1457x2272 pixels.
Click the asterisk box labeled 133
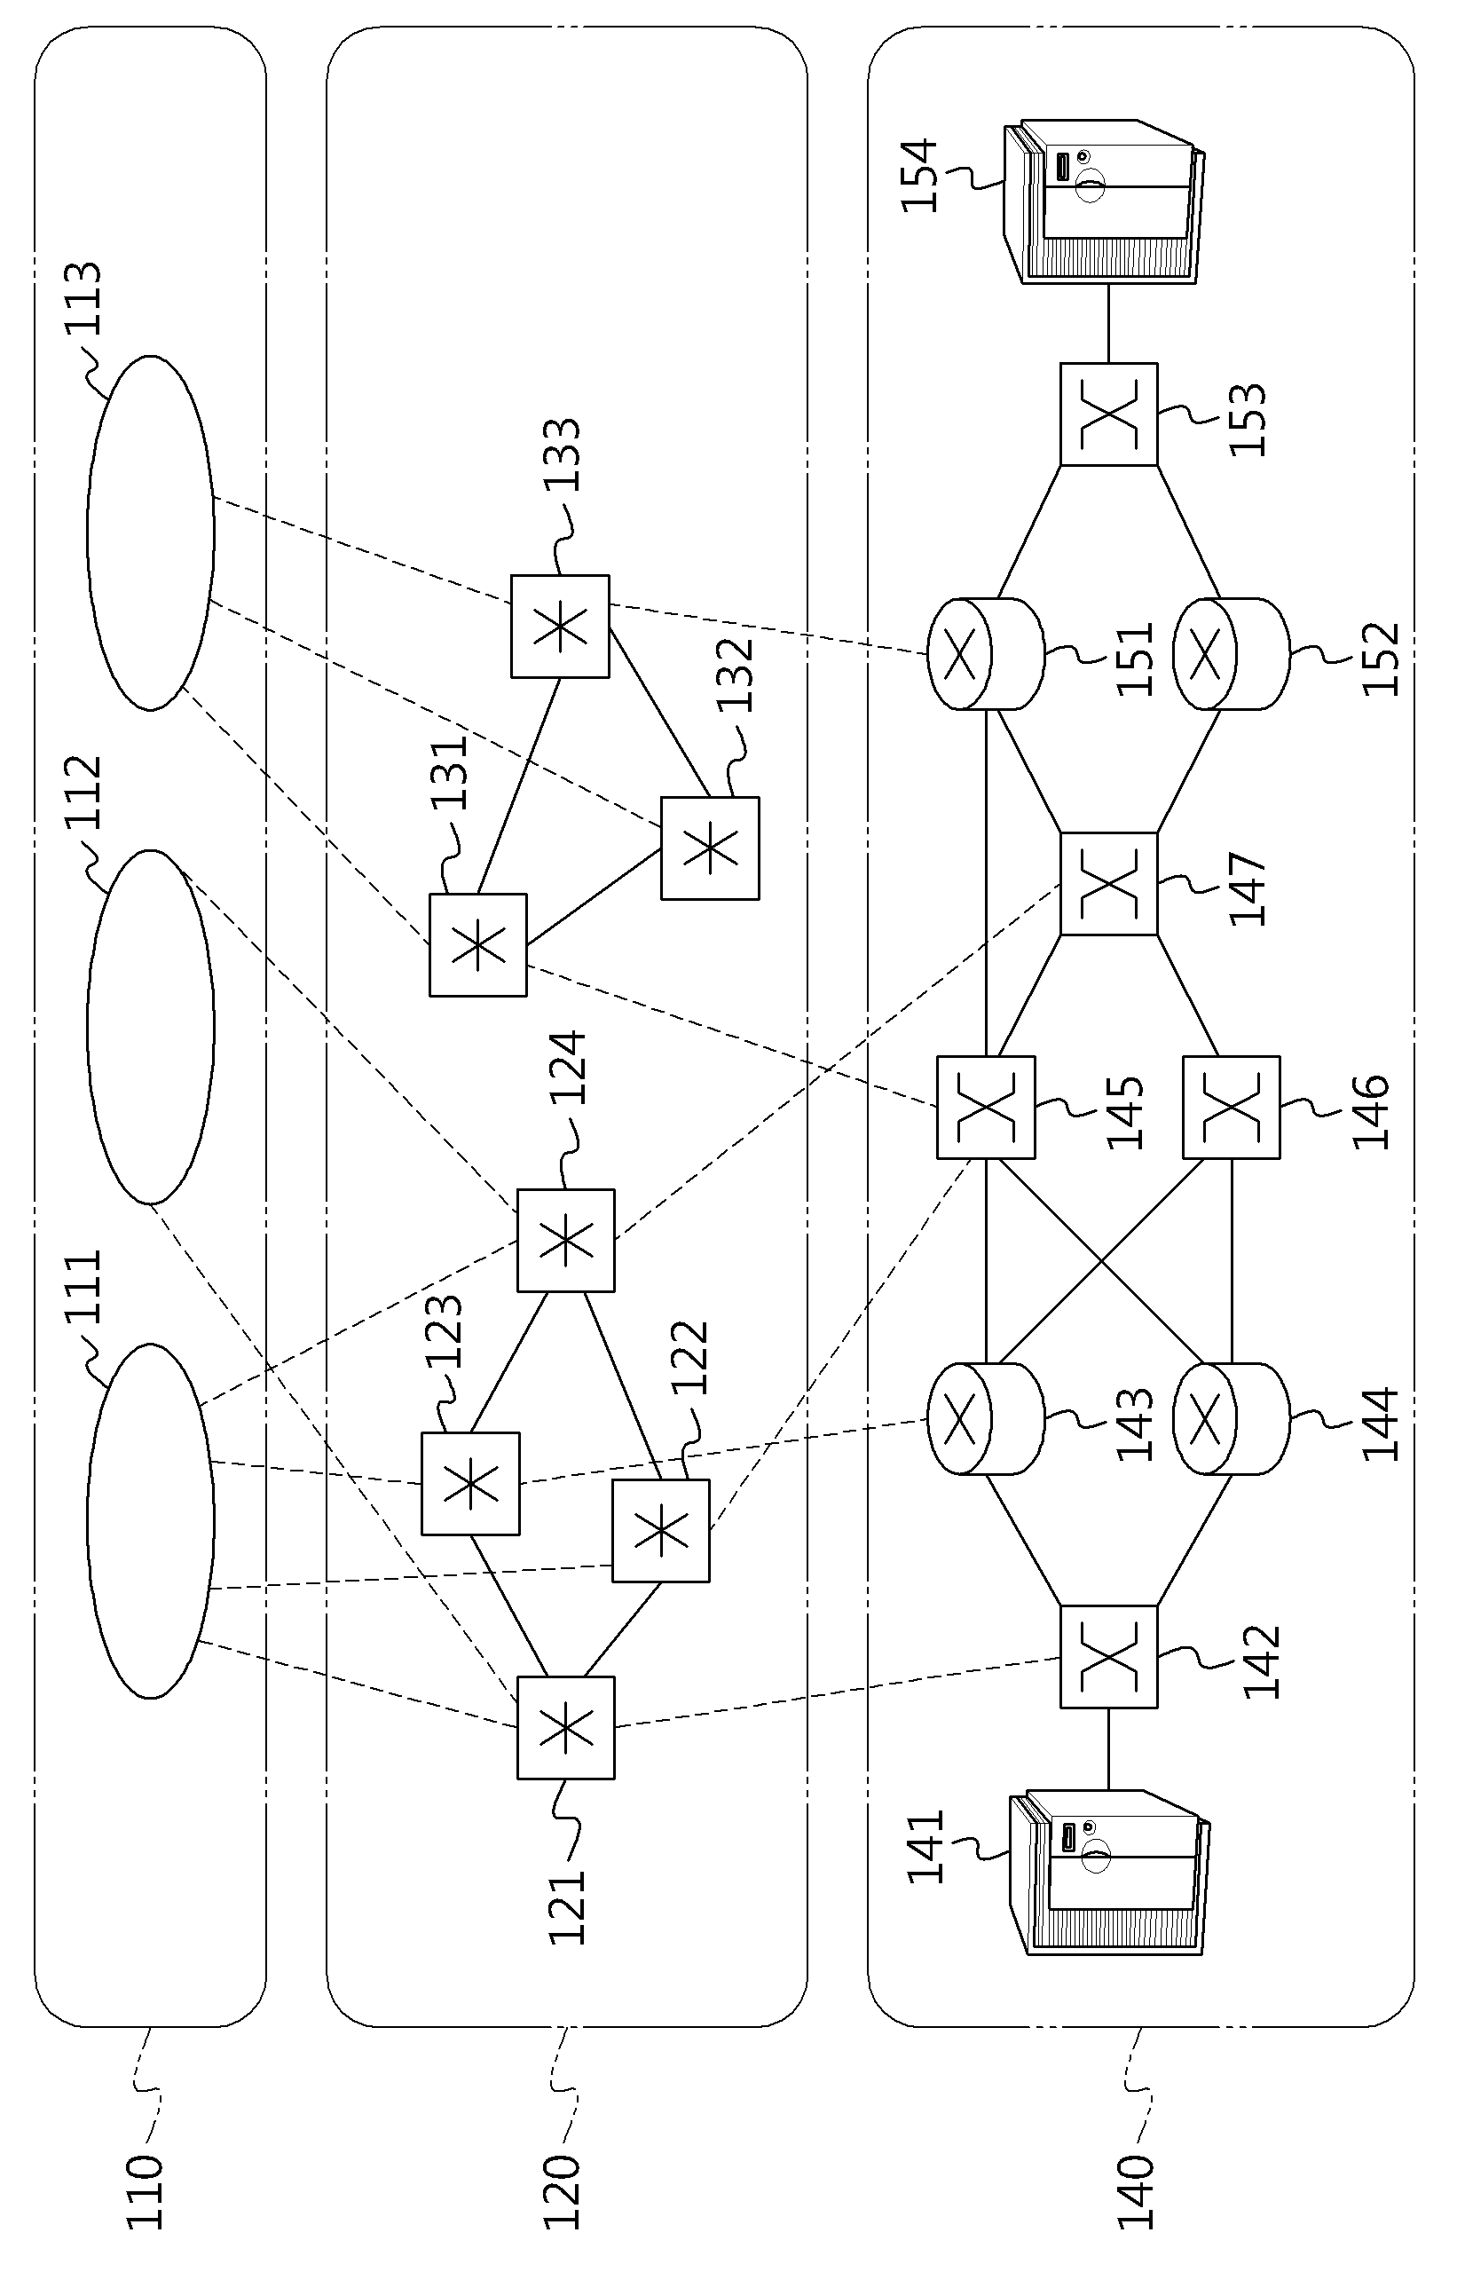click(x=560, y=626)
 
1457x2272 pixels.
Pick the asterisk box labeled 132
click(x=710, y=848)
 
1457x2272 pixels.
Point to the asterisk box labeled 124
click(x=566, y=1240)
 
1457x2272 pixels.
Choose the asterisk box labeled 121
click(x=566, y=1728)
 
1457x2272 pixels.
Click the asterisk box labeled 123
click(x=470, y=1483)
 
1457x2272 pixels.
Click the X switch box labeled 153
click(x=1109, y=414)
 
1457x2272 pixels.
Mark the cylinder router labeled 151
click(x=985, y=653)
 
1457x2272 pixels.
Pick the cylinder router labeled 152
click(x=1231, y=653)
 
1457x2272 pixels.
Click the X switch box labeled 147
click(x=1109, y=884)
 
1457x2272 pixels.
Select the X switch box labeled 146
click(x=1232, y=1107)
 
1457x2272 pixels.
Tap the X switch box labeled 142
click(x=1109, y=1656)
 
